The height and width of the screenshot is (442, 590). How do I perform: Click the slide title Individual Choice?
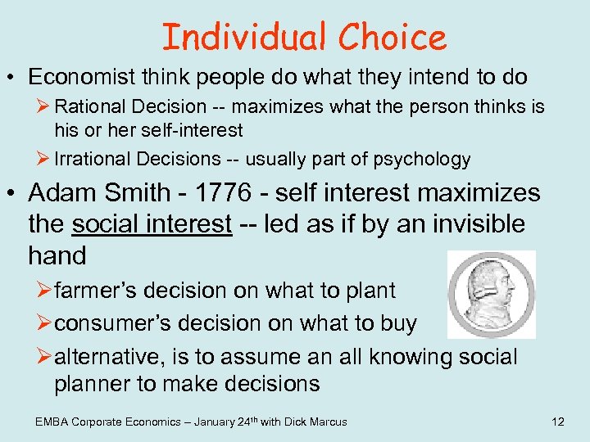click(x=304, y=38)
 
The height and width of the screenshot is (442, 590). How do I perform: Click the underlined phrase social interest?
click(x=152, y=224)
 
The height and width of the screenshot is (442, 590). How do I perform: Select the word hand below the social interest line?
click(x=57, y=255)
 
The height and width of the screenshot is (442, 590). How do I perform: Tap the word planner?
click(x=90, y=383)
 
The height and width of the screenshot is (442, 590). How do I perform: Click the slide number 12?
click(x=558, y=422)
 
